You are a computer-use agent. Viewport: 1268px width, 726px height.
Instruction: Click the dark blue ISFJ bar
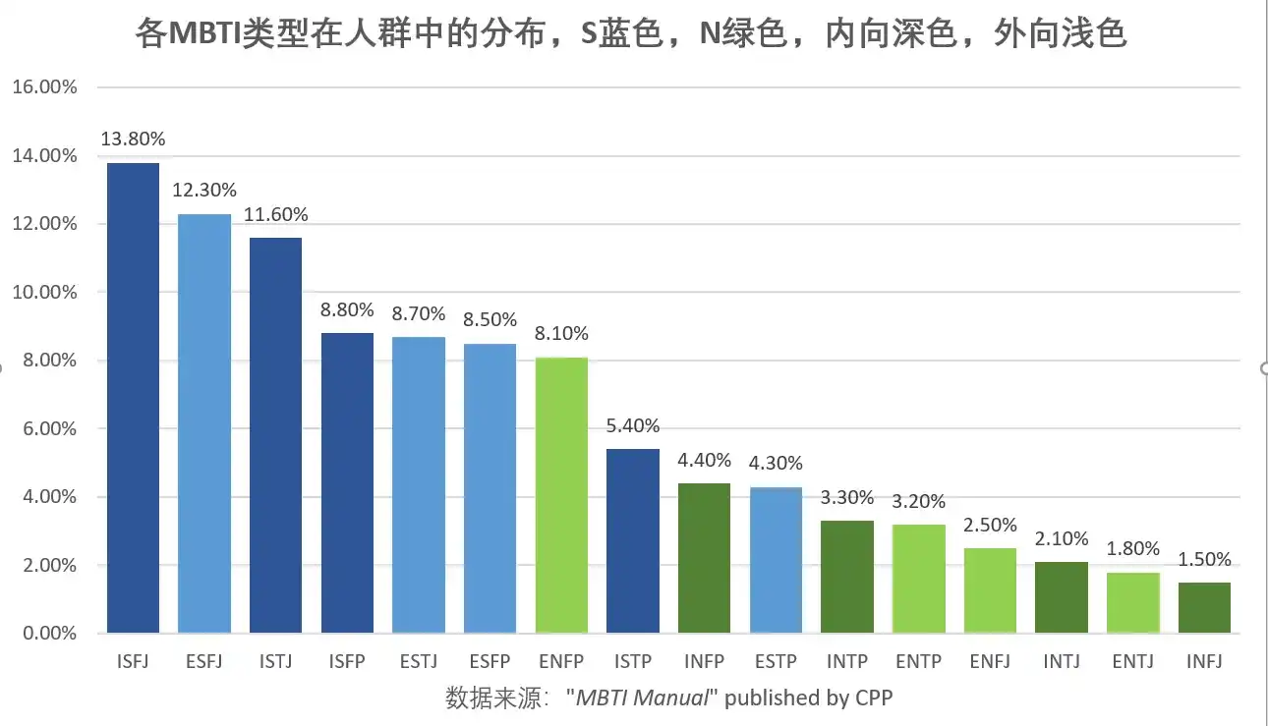pos(133,398)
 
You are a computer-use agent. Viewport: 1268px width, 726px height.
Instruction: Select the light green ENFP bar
pos(561,495)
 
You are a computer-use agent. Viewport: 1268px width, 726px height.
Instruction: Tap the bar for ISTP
pos(633,540)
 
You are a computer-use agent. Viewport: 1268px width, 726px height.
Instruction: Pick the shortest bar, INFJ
pos(1204,607)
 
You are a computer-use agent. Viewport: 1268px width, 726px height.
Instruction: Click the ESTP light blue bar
pos(776,560)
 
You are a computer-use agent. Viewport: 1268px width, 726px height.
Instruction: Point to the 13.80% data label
pos(133,140)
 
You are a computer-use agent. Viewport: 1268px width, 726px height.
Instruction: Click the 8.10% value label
pos(561,334)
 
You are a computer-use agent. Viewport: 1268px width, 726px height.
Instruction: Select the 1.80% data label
pos(1133,548)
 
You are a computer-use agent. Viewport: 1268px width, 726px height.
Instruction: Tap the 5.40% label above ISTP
pos(633,426)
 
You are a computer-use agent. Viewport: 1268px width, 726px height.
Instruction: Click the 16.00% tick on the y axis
pos(44,87)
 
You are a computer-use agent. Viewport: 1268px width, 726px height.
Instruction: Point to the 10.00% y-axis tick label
pos(44,293)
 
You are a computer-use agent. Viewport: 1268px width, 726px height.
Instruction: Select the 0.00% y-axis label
pos(47,634)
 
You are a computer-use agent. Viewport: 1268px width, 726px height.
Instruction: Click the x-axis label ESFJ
pos(203,661)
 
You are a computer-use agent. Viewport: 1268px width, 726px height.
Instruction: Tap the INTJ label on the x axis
pos(1062,661)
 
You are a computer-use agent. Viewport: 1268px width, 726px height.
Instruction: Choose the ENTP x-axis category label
pos(918,661)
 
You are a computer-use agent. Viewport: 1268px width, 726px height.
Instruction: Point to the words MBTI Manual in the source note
pos(641,698)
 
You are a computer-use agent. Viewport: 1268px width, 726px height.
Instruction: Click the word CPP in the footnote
pos(873,698)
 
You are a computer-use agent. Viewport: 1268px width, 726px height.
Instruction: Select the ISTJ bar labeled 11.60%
pos(275,435)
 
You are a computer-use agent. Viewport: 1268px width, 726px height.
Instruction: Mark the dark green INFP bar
pos(704,558)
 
